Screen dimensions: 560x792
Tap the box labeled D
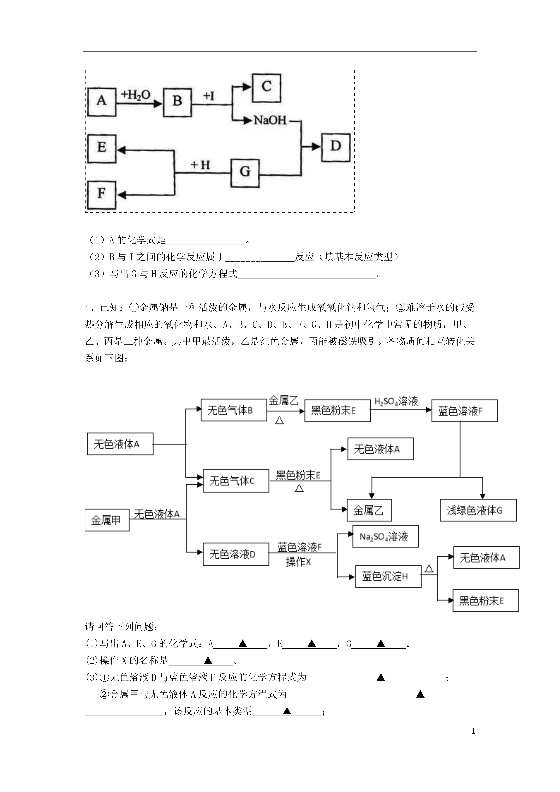point(336,147)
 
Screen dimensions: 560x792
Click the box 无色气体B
point(234,410)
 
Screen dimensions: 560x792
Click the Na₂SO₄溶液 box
point(385,536)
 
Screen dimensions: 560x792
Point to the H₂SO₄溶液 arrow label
point(396,401)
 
